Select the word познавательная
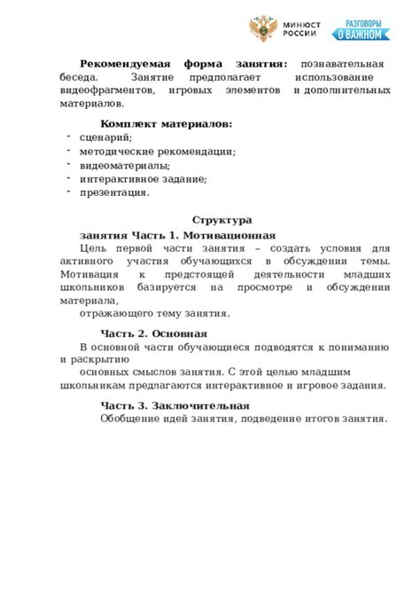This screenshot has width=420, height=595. (342, 65)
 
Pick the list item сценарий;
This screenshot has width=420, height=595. (106, 137)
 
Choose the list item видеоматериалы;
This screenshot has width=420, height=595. (125, 165)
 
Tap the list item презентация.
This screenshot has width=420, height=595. (114, 192)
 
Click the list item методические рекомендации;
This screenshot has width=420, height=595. (158, 152)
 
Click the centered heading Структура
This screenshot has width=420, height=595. (222, 220)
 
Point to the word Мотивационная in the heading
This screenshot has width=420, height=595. (238, 235)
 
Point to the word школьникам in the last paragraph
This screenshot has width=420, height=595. (94, 386)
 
